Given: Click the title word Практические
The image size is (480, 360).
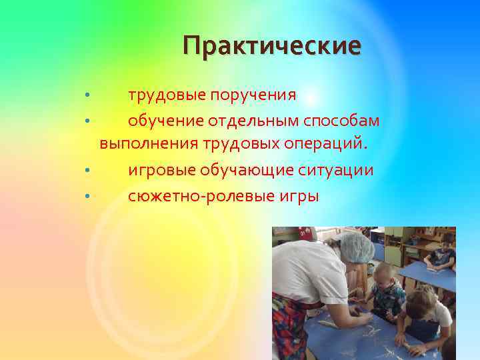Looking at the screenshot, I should (x=272, y=46).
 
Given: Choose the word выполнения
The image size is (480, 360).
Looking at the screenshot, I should (x=143, y=143).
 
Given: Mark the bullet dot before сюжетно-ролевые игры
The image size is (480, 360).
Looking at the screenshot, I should (x=87, y=197).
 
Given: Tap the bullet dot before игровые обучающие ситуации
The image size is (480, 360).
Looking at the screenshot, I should (x=87, y=171).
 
